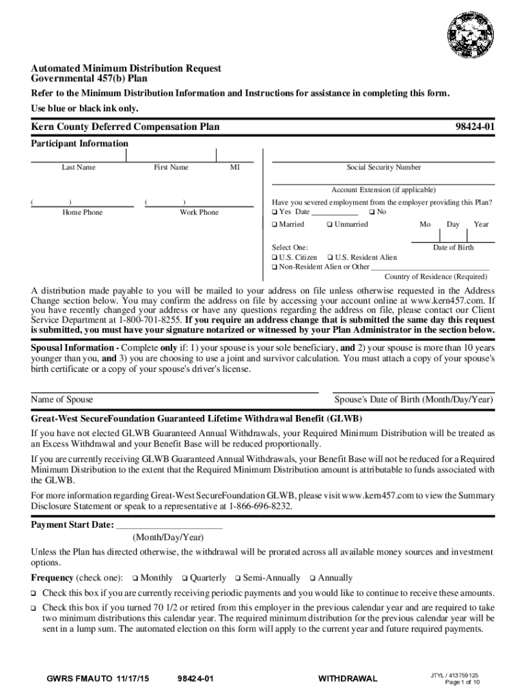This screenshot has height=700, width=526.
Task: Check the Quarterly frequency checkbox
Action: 184,578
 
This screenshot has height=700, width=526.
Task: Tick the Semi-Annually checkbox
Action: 238,578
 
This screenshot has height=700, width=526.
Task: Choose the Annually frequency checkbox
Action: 312,578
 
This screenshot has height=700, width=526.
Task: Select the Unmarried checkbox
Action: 330,225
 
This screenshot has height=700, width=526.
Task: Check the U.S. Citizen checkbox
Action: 275,258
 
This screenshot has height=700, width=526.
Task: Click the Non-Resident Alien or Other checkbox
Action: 275,267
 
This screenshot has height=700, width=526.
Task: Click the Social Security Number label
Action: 383,167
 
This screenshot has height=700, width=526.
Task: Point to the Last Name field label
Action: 79,167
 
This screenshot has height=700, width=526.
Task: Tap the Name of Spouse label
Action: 62,399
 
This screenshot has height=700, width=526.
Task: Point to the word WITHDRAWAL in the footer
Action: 348,679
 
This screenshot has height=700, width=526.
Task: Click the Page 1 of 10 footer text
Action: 462,682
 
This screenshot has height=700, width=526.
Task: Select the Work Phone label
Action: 199,213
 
